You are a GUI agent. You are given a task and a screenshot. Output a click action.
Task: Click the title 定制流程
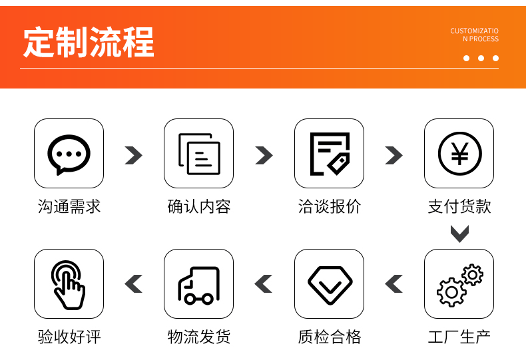[x=89, y=42]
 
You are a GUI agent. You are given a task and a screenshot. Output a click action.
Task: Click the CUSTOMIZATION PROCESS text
[x=474, y=35]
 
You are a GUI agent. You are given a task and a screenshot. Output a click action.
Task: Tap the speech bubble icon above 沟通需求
[x=69, y=154]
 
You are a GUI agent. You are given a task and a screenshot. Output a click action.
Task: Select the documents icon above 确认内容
[x=199, y=154]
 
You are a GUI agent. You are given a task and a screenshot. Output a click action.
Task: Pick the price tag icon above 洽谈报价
[x=330, y=154]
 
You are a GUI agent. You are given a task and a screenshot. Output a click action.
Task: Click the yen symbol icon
[x=459, y=154]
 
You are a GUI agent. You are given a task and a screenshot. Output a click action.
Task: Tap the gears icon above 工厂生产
[x=459, y=284]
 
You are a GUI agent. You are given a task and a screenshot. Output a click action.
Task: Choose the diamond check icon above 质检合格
[x=330, y=284]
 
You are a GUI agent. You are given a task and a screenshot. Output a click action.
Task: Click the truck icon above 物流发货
[x=199, y=284]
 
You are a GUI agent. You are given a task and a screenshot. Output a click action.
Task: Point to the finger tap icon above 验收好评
[x=69, y=284]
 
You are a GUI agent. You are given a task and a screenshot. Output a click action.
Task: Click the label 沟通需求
[x=69, y=207]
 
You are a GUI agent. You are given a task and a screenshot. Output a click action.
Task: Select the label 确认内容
[x=199, y=207]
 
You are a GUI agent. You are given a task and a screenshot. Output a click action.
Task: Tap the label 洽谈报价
[x=330, y=207]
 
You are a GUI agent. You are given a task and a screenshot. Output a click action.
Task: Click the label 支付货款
[x=459, y=207]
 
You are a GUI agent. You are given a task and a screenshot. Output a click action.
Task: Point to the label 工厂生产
[x=459, y=337]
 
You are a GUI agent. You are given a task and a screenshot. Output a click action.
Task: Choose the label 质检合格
[x=330, y=337]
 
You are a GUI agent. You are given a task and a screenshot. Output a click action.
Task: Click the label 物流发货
[x=199, y=337]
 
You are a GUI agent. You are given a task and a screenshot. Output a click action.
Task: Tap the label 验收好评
[x=69, y=337]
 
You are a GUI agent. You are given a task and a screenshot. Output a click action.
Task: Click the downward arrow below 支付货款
[x=459, y=234]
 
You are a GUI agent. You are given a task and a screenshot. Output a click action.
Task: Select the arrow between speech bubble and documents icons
[x=134, y=155]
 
